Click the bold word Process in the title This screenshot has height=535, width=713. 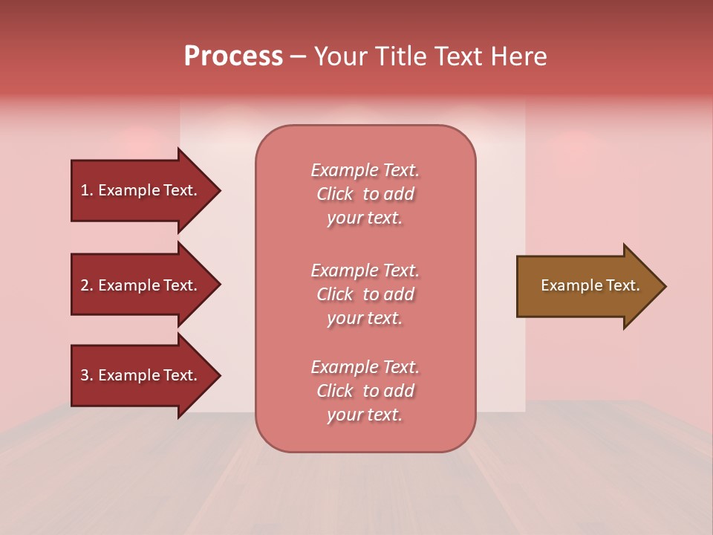click(x=233, y=56)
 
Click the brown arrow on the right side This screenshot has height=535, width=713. click(x=587, y=285)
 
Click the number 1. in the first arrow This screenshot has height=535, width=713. click(x=86, y=190)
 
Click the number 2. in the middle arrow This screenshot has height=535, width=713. click(x=86, y=285)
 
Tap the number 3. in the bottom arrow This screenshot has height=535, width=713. click(x=86, y=375)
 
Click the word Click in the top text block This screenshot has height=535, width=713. click(x=335, y=194)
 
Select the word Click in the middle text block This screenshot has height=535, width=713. click(x=335, y=294)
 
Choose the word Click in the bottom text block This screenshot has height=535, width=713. click(x=335, y=391)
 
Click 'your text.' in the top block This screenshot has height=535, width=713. click(x=365, y=218)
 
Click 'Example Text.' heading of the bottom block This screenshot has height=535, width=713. click(x=365, y=367)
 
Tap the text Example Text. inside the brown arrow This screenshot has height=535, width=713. click(x=590, y=285)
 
